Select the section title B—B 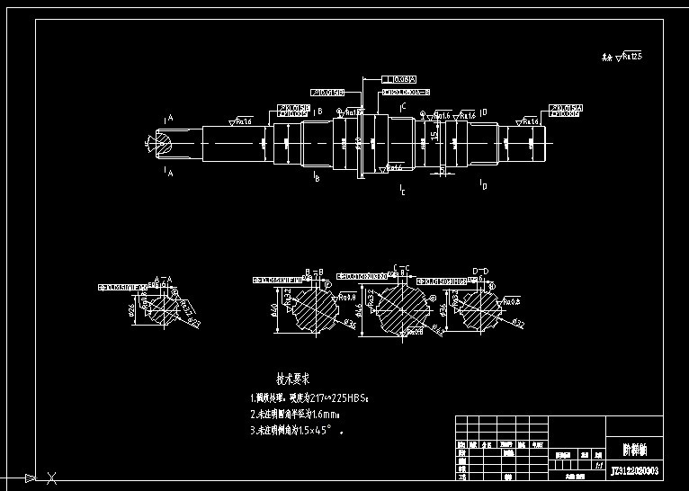pyautogui.click(x=314, y=271)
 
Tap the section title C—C pyautogui.click(x=400, y=268)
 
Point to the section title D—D pyautogui.click(x=480, y=271)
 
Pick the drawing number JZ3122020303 pyautogui.click(x=634, y=469)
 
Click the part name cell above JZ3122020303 pyautogui.click(x=634, y=448)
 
